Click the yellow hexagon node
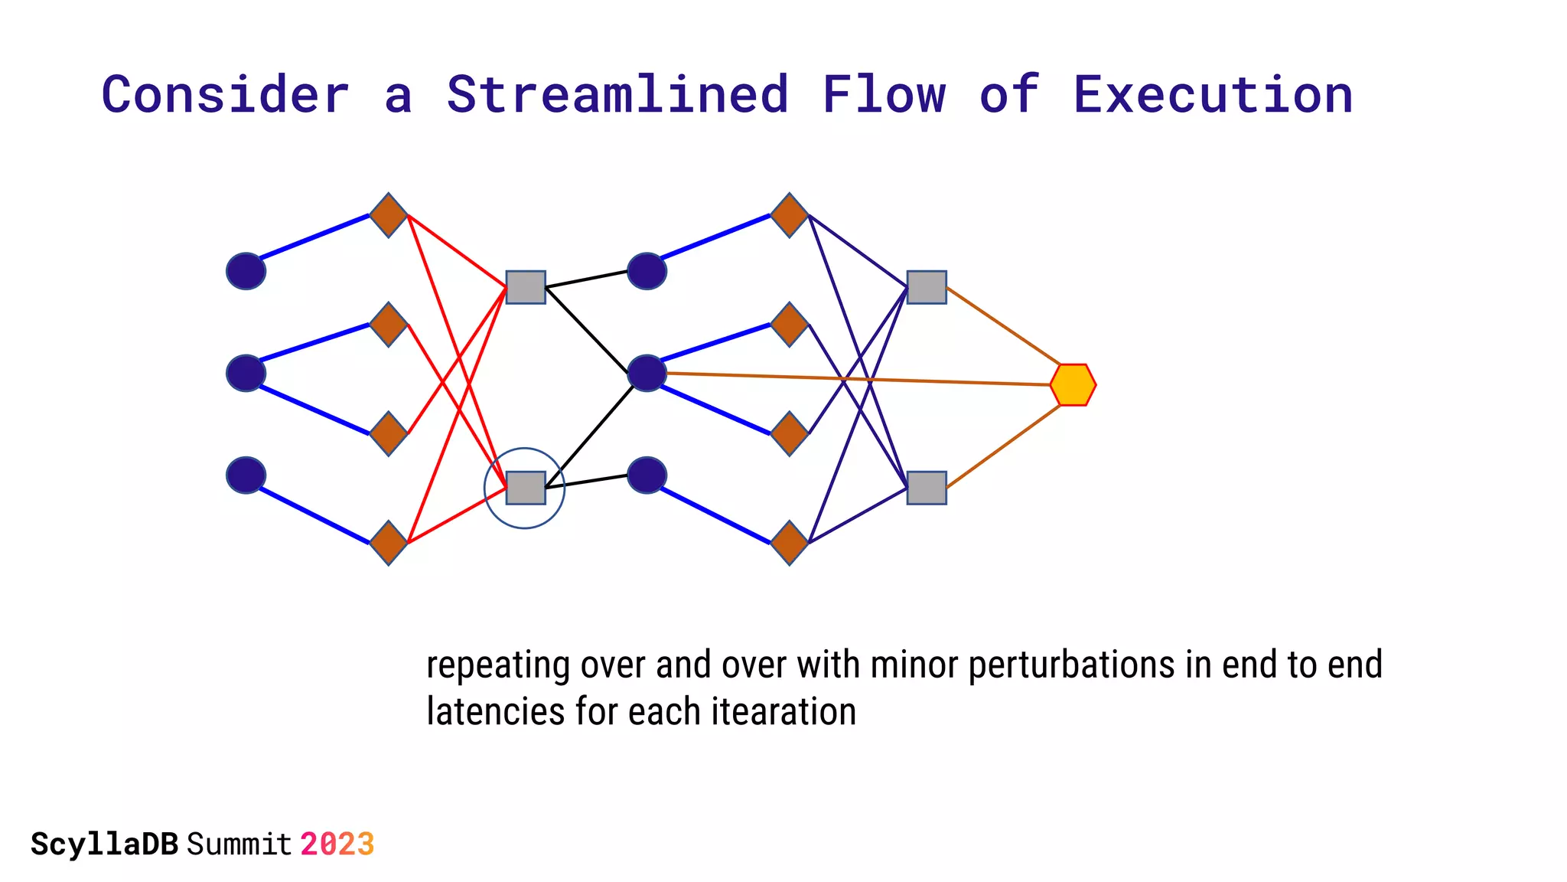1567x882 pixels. pos(1073,385)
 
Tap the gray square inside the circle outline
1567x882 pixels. pos(526,488)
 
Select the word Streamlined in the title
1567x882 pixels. pos(617,95)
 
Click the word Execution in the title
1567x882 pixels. pos(1213,95)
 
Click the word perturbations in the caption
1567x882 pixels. pos(1071,665)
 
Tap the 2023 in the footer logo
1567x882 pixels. pos(337,844)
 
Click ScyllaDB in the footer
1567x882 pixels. pos(105,844)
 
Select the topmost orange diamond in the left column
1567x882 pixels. pos(389,215)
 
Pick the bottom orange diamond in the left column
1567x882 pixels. pos(389,543)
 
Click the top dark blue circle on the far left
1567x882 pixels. pos(246,271)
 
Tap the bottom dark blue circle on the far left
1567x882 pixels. pos(246,475)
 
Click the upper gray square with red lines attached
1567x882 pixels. pos(526,287)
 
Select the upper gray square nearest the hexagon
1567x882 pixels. pos(927,287)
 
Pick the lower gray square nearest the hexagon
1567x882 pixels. pos(927,488)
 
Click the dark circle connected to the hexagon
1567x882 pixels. pos(647,374)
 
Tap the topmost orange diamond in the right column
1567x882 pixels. pos(790,215)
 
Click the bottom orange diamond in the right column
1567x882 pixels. pos(790,543)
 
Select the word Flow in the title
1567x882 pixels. pos(884,95)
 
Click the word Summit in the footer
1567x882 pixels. pos(239,844)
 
